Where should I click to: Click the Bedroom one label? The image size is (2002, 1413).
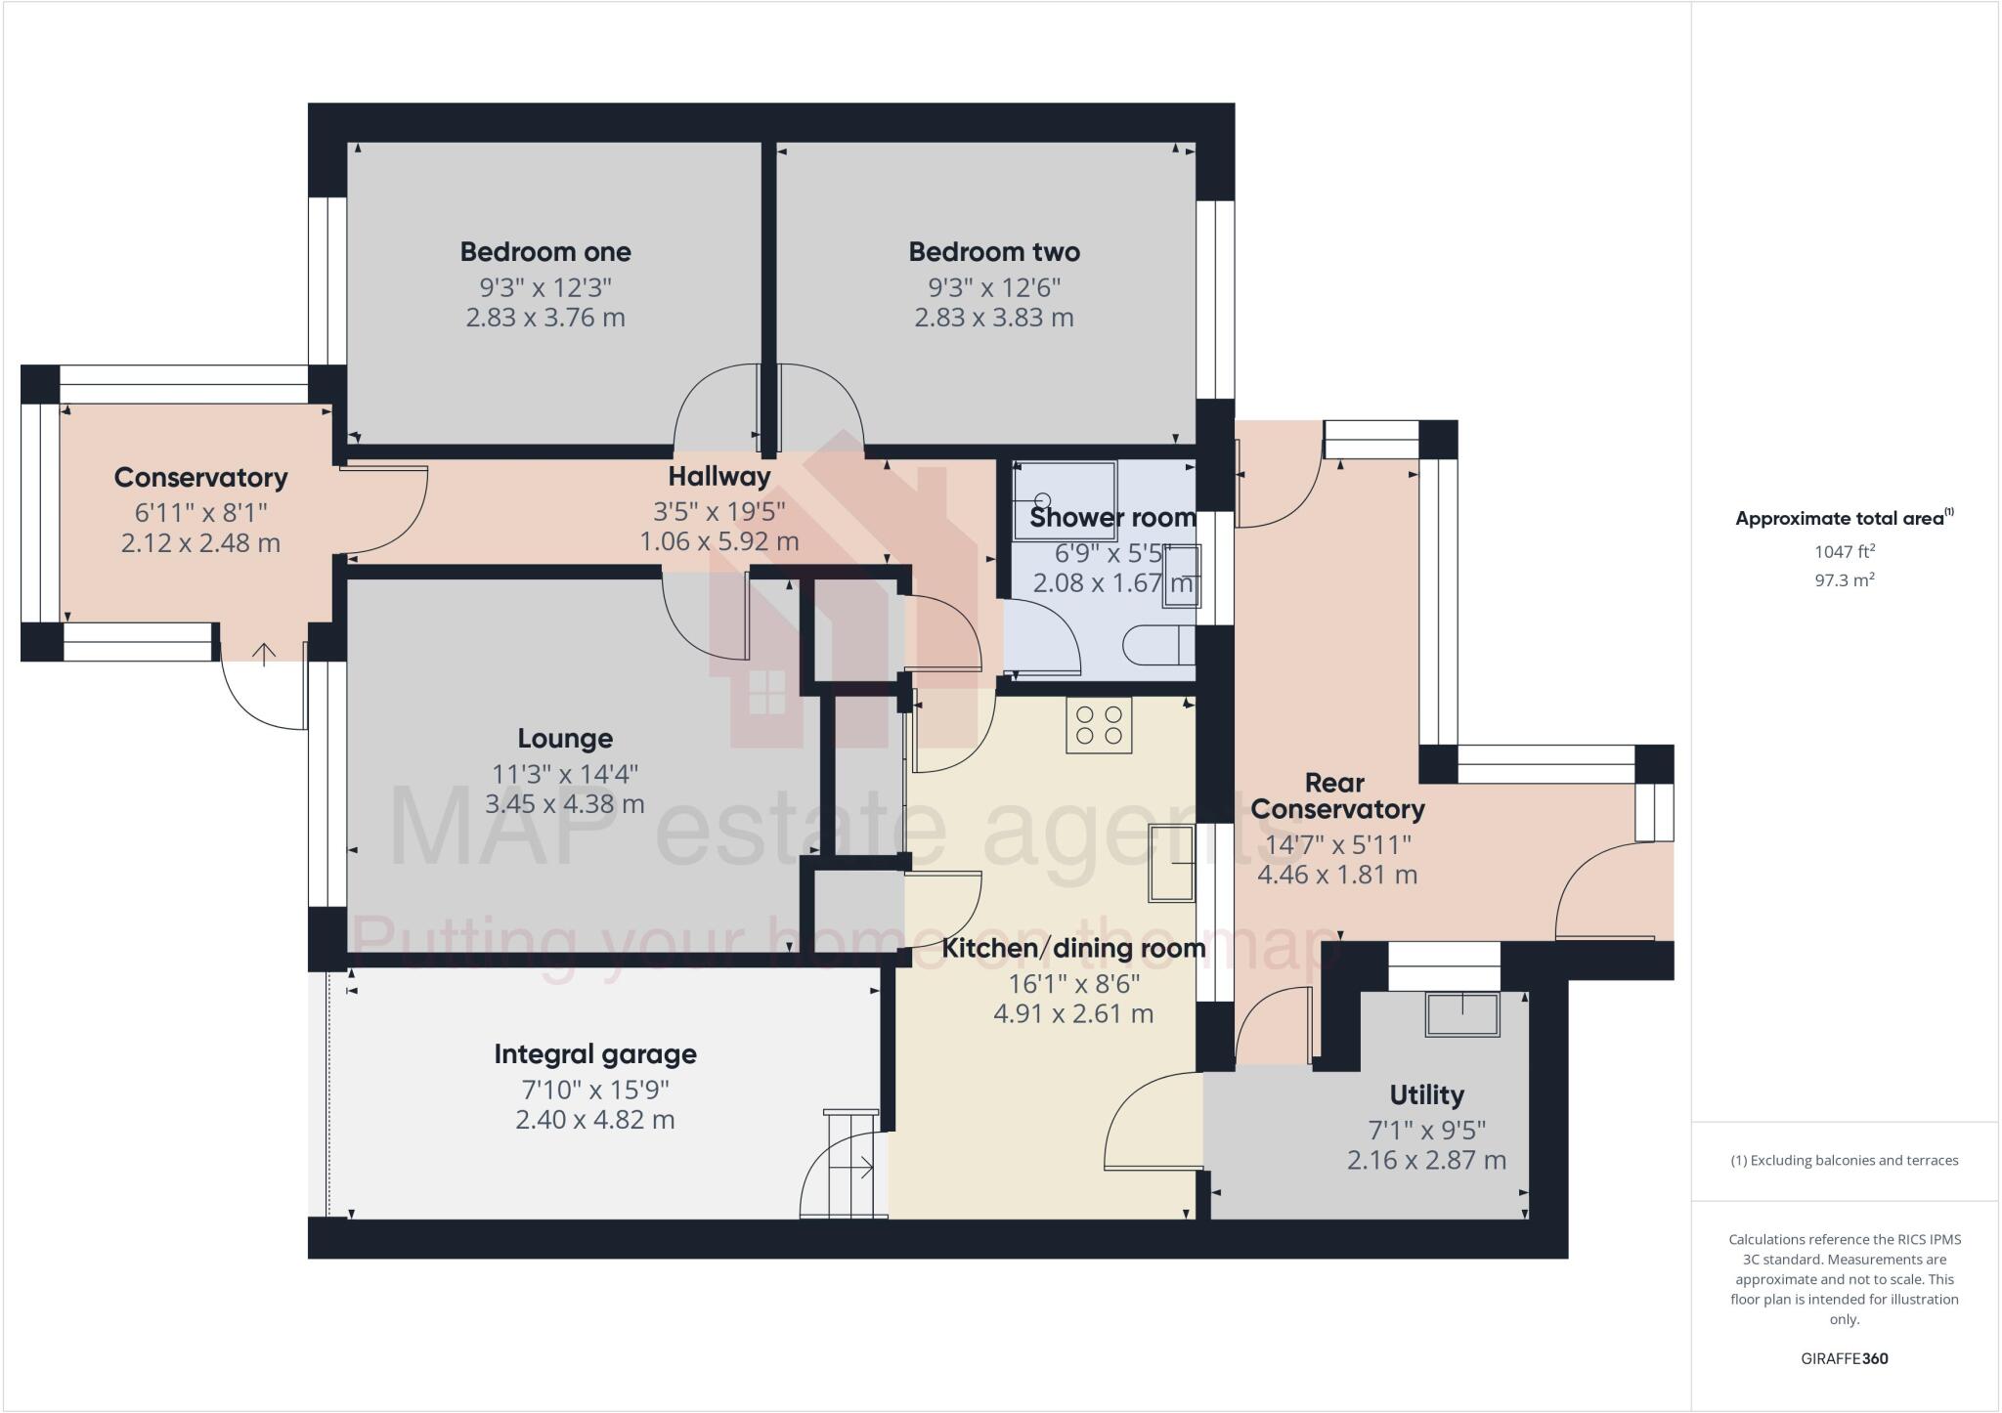pos(545,252)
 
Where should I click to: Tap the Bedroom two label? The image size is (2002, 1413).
pos(994,252)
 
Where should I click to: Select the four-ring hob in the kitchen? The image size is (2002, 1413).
pos(1099,725)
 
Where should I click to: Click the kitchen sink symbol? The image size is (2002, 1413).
pos(1171,863)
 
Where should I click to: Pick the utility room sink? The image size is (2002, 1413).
pos(1462,1014)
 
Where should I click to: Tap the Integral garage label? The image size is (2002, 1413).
pos(595,1054)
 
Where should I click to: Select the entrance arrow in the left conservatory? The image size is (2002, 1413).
pos(264,654)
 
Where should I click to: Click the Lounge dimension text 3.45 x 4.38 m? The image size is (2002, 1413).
pos(565,804)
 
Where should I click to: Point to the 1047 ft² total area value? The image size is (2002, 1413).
pos(1844,551)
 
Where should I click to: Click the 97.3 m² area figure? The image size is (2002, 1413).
pos(1844,580)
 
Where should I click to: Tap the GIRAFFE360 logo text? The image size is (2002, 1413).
pos(1844,1358)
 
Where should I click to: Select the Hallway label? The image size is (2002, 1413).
pos(719,477)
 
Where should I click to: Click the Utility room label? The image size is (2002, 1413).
pos(1426,1094)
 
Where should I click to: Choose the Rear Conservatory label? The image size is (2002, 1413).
pos(1336,796)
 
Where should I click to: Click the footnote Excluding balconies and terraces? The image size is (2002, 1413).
pos(1844,1161)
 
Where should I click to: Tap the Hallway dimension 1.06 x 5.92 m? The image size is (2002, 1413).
pos(719,541)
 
